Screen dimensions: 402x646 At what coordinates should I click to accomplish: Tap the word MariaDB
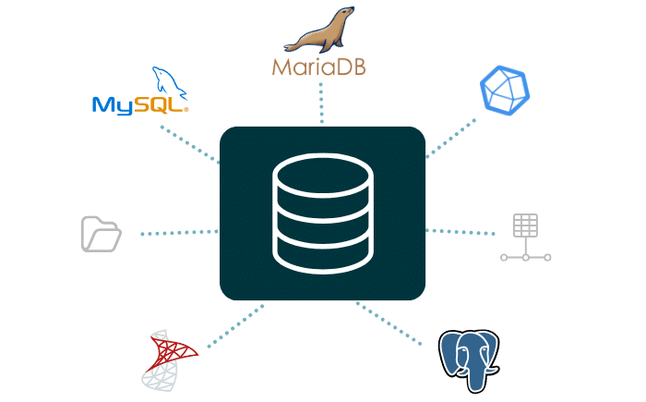(318, 67)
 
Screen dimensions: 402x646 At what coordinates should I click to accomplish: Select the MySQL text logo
(138, 104)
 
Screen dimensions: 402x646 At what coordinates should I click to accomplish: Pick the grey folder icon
(101, 234)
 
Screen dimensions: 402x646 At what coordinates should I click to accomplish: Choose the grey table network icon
(526, 239)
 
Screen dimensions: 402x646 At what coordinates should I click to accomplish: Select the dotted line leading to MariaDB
(321, 102)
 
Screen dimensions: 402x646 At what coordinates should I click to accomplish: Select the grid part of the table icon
(526, 225)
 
